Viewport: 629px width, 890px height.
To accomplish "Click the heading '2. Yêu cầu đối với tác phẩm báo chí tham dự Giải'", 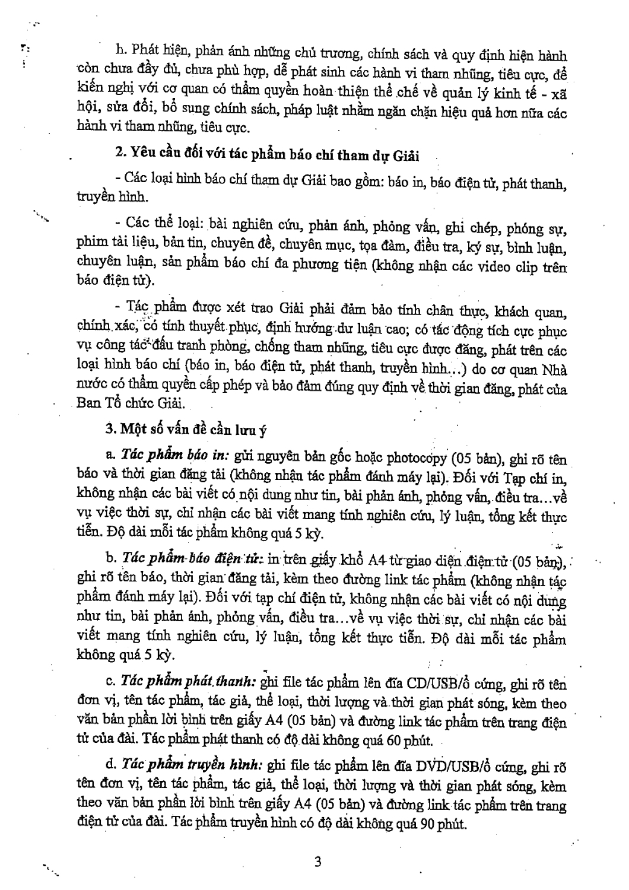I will coord(267,156).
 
